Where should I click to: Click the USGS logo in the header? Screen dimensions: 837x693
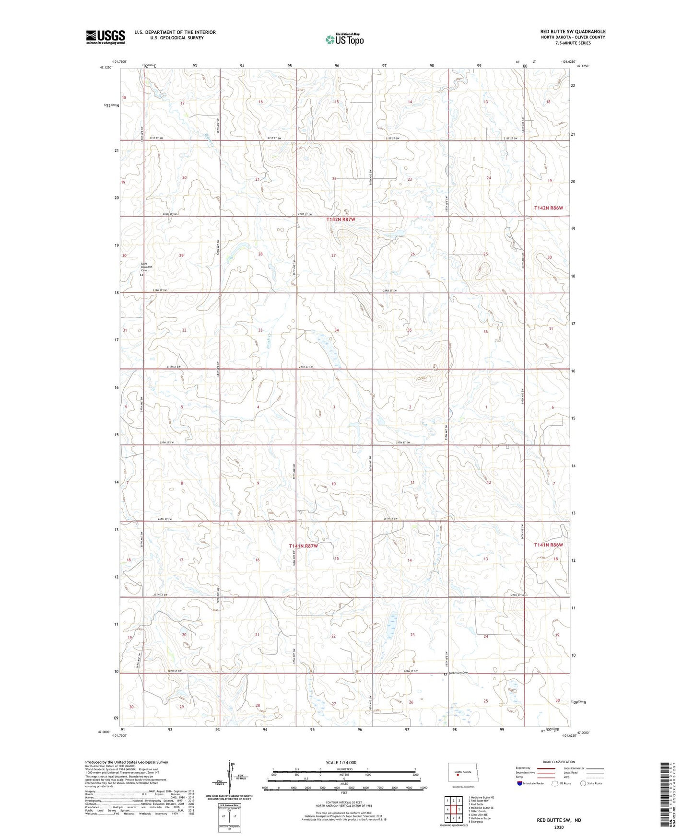pos(106,37)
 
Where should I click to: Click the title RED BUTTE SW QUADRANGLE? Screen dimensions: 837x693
pos(573,32)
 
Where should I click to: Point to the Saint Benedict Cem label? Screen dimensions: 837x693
pos(144,267)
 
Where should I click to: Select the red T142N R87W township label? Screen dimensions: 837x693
pos(341,219)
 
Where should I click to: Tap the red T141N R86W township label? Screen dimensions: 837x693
pos(549,545)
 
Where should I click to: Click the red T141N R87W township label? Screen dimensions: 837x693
pos(303,546)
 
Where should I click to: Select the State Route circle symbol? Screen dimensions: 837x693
pos(583,783)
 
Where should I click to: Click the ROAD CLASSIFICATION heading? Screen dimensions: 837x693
pos(559,762)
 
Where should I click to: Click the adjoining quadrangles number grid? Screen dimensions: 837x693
pos(453,810)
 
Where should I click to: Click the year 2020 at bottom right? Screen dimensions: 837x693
pos(558,827)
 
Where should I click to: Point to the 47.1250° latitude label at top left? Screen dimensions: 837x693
pos(106,68)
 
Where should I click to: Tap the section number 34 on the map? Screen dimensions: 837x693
pos(337,330)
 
